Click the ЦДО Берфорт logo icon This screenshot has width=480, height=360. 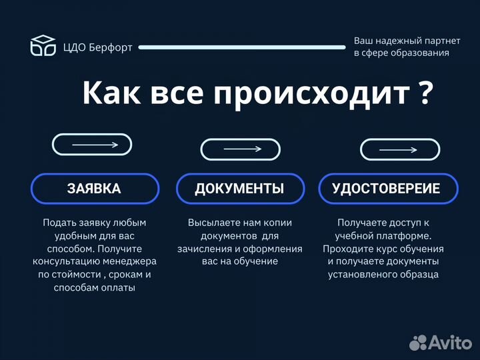43,45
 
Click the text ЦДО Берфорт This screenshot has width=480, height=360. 98,47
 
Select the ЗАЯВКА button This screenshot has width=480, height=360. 94,189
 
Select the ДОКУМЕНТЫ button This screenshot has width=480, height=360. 239,189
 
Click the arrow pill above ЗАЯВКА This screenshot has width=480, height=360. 92,145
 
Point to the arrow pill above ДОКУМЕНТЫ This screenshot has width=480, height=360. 240,149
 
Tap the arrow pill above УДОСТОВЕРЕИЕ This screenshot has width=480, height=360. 399,149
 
